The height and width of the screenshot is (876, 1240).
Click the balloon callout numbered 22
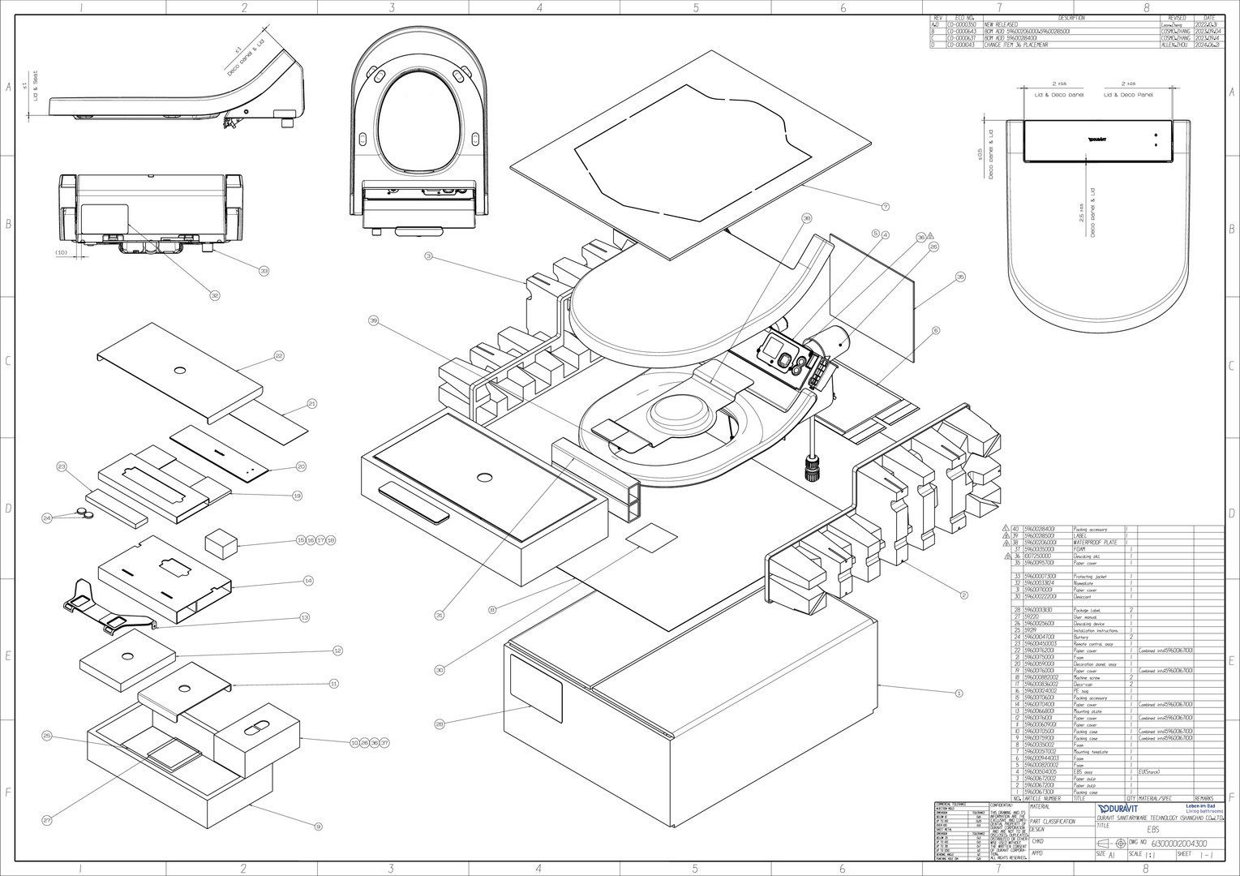[x=279, y=355]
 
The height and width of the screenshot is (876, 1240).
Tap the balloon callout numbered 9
[x=319, y=827]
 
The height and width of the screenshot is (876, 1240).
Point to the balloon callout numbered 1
[x=959, y=693]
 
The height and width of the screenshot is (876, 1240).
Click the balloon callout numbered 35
[x=960, y=277]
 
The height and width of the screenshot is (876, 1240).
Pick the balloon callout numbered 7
[x=886, y=207]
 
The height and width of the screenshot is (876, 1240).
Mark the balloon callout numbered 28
[x=440, y=724]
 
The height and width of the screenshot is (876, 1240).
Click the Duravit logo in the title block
[x=1118, y=809]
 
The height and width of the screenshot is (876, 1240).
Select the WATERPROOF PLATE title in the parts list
[x=1095, y=543]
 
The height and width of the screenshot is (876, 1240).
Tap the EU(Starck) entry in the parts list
[x=1149, y=772]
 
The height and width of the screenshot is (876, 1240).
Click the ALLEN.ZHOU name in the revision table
[x=1175, y=45]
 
